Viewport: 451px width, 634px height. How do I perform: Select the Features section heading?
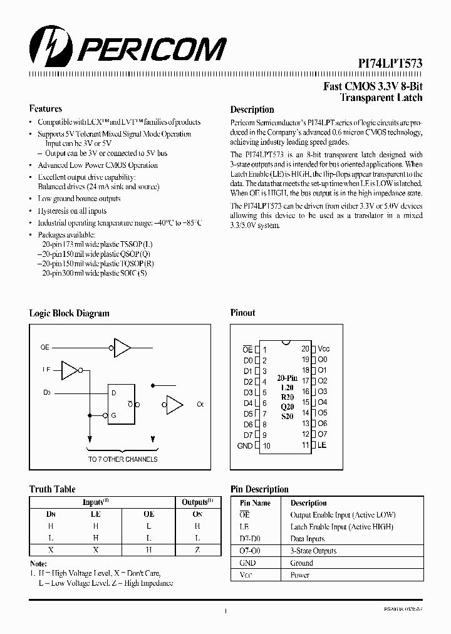pos(45,108)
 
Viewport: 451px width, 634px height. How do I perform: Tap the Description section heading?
pos(252,110)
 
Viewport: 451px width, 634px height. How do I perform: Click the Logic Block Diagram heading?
pos(69,313)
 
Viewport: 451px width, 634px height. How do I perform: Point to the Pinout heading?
pos(243,313)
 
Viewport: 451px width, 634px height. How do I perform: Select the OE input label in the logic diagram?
pos(45,347)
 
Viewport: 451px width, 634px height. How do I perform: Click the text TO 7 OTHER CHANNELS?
pos(122,459)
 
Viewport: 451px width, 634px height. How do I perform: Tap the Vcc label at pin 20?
pos(323,349)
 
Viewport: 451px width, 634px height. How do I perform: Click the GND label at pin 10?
pos(245,446)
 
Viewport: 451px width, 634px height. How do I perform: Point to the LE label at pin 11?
pos(322,445)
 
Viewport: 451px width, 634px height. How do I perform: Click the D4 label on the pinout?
pos(248,403)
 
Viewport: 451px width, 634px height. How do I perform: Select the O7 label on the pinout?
pos(323,434)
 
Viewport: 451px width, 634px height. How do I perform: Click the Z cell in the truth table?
pos(197,549)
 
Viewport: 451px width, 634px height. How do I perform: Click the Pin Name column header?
pos(255,503)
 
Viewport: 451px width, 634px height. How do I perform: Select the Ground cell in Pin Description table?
pos(301,563)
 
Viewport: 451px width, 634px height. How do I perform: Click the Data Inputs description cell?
pos(307,539)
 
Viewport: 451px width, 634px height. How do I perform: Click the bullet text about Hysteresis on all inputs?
pos(72,211)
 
